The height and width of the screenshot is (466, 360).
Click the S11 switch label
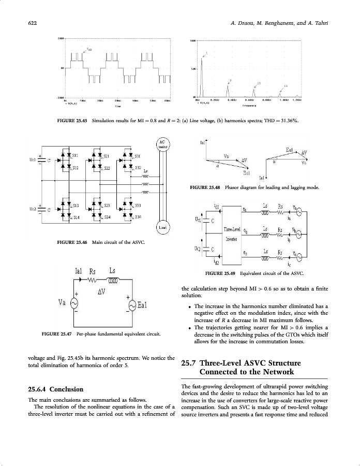(76, 155)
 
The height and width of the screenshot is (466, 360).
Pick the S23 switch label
(107, 206)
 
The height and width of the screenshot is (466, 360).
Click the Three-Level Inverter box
(231, 234)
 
